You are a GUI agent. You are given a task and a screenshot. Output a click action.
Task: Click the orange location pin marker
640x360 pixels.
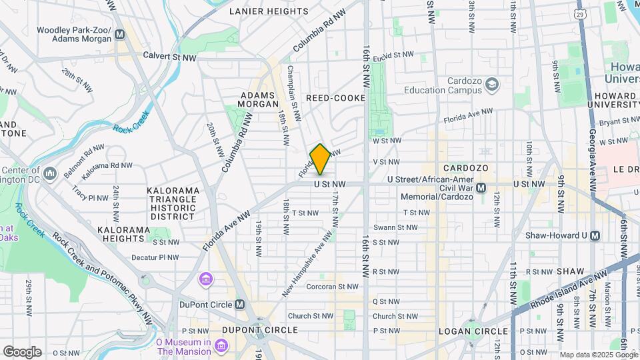click(320, 159)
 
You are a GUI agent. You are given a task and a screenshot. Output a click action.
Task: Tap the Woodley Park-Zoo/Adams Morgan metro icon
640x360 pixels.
click(120, 35)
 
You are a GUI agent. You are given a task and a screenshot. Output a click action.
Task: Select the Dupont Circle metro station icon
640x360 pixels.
click(240, 305)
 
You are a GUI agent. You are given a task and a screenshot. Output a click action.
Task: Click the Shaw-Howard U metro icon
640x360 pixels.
click(595, 235)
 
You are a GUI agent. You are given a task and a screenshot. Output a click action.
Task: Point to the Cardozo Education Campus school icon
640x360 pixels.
click(492, 84)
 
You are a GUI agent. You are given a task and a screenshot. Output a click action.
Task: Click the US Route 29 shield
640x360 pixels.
click(581, 13)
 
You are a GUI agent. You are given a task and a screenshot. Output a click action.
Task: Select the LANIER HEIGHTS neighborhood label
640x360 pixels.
click(269, 11)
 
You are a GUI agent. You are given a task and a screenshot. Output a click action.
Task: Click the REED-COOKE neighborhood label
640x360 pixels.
click(335, 98)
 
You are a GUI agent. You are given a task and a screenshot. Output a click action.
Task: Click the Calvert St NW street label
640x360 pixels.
click(169, 57)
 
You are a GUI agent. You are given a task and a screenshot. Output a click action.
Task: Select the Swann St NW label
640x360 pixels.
click(395, 227)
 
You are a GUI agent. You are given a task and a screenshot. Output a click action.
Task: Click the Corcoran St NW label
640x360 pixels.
click(332, 287)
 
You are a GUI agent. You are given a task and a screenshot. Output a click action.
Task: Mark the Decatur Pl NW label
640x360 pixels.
click(155, 257)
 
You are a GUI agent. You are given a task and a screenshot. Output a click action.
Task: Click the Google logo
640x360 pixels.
click(22, 352)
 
